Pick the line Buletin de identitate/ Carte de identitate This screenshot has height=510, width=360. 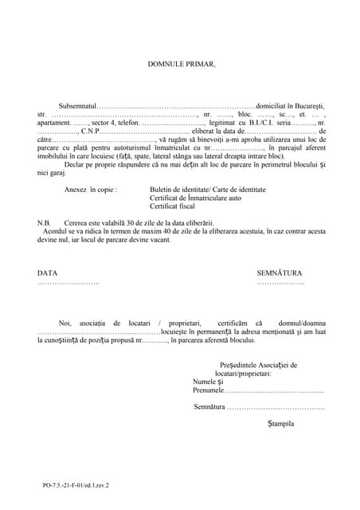tap(207, 190)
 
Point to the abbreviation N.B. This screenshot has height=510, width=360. tap(44, 222)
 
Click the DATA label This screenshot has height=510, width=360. tap(47, 273)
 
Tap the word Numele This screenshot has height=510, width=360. tap(205, 382)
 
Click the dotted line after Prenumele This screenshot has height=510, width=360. tap(274, 390)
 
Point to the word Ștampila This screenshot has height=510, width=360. tap(281, 424)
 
